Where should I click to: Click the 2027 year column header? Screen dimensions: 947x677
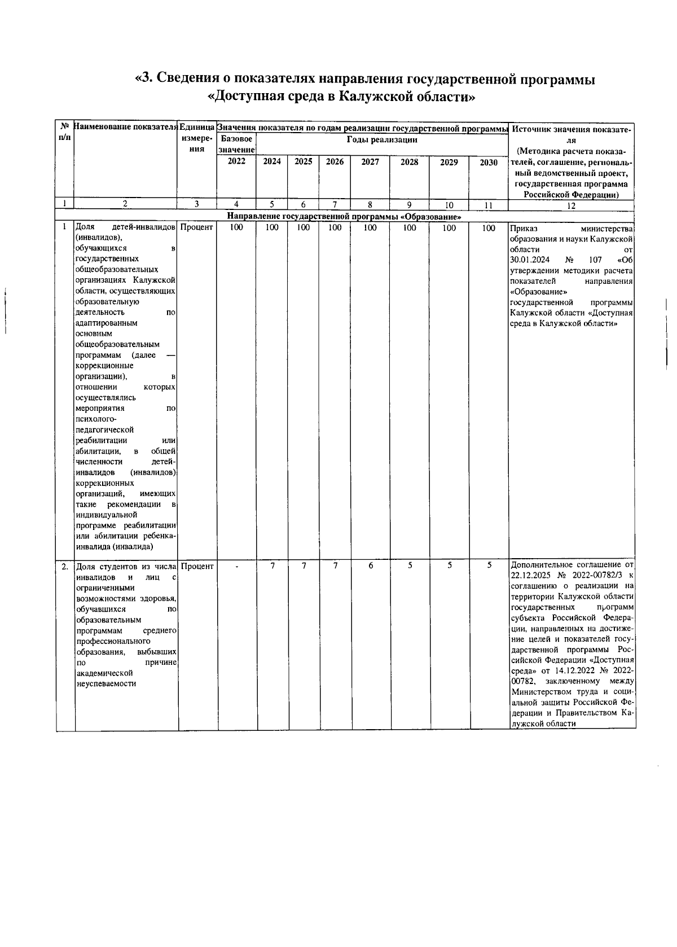[370, 162]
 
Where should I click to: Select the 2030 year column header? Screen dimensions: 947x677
[489, 163]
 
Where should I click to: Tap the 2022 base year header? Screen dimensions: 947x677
[236, 161]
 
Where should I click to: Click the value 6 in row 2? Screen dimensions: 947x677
[371, 565]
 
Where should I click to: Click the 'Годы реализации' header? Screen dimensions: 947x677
[382, 139]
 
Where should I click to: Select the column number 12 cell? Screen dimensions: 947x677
[571, 206]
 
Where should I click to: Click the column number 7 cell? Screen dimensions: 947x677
[335, 205]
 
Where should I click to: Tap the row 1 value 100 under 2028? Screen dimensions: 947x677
[410, 228]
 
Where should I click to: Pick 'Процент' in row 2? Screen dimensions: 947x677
[197, 566]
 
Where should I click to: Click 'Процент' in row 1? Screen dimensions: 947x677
[197, 227]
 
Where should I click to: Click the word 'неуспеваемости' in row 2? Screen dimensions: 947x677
[106, 684]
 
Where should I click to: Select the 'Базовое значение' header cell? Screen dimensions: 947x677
[236, 144]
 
